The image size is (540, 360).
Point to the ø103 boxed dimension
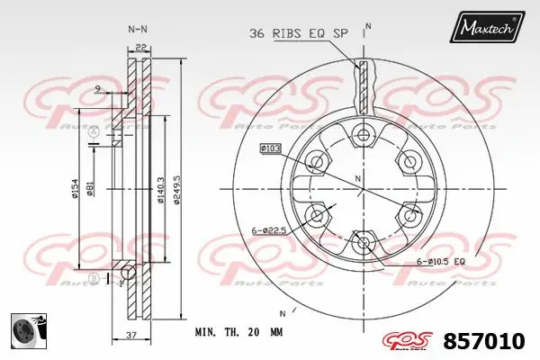pos(271,146)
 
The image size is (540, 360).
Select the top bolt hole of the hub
pos(363,136)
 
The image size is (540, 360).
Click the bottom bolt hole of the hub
pos(363,240)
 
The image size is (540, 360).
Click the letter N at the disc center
pos(359,181)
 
